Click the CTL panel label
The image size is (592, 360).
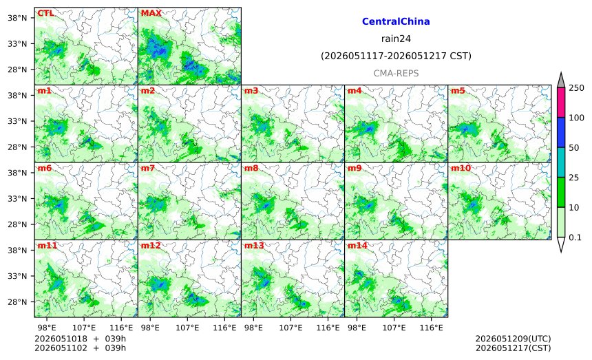[45, 13]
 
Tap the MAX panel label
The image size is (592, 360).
[151, 13]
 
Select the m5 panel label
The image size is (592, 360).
[458, 91]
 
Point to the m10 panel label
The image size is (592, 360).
[461, 168]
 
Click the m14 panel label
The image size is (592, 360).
[357, 246]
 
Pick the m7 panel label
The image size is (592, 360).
[147, 168]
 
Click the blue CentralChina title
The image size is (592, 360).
[396, 21]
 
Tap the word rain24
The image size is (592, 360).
[396, 39]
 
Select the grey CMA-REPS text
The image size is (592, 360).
[396, 73]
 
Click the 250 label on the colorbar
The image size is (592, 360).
[577, 88]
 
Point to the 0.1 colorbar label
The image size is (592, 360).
[575, 237]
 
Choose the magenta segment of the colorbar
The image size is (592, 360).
[561, 103]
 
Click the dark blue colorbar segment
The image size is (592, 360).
[561, 132]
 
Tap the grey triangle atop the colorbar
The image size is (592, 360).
[561, 81]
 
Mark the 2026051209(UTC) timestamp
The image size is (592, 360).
[513, 339]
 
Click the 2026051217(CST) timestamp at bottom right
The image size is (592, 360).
[513, 348]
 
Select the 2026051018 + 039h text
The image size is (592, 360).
[80, 339]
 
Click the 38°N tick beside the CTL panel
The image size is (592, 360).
[17, 18]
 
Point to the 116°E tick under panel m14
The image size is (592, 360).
[431, 328]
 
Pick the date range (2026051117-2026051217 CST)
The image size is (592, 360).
[396, 56]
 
